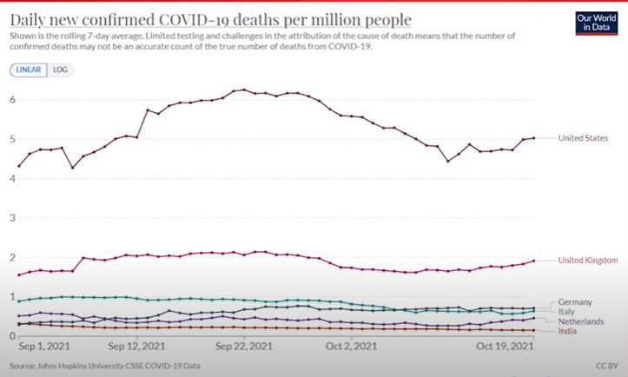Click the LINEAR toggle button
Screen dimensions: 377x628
coord(29,69)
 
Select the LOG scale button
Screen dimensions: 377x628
coord(60,69)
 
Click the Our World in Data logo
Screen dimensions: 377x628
coord(596,21)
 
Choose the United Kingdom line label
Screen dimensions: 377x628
coord(588,260)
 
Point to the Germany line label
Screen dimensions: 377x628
coord(575,301)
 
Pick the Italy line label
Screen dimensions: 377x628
coord(567,311)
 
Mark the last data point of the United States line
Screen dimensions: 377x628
coord(533,138)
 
